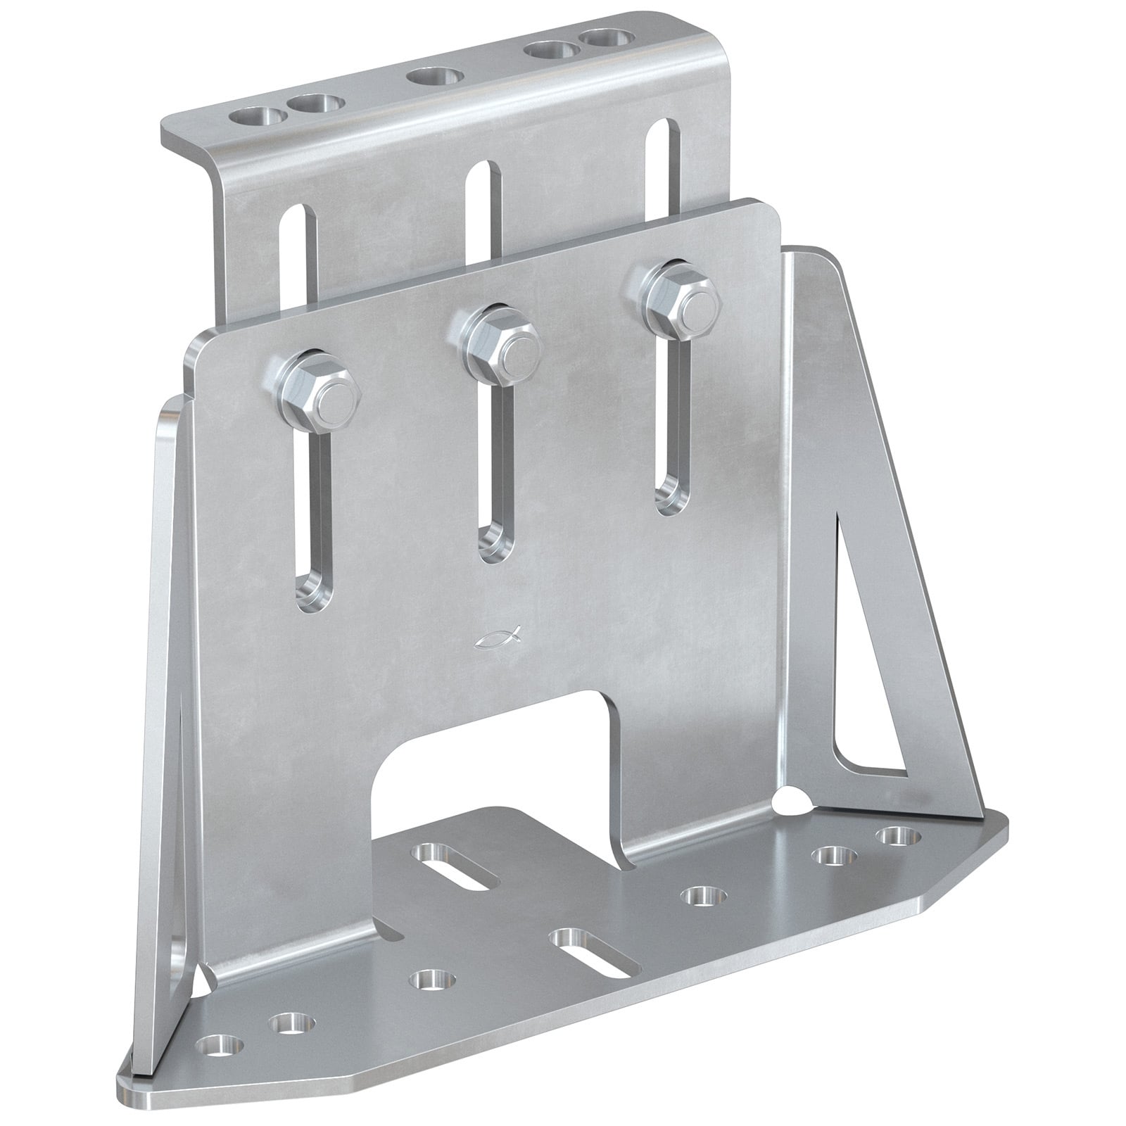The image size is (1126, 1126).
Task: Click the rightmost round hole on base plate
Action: click(x=900, y=837)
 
